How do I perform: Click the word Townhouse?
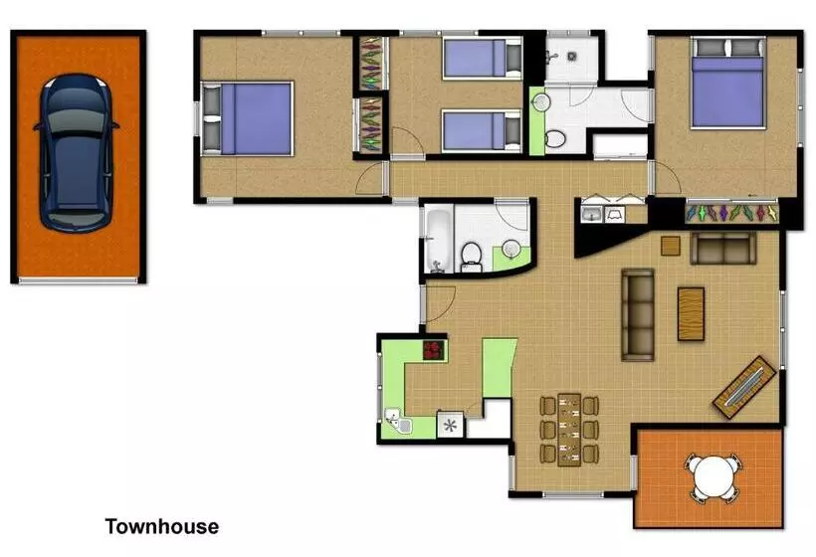tap(162, 526)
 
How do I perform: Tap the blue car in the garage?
tap(77, 152)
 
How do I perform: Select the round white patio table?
tap(714, 476)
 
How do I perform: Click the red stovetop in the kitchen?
tap(434, 350)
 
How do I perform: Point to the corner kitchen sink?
tap(398, 420)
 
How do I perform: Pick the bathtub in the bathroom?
tap(439, 238)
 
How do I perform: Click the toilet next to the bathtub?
tap(472, 257)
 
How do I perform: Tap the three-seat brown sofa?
tap(638, 314)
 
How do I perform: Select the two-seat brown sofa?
tap(723, 248)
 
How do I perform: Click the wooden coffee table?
tap(691, 314)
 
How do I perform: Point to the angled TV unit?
tap(744, 388)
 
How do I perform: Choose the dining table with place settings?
tap(569, 430)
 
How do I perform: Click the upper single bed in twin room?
tap(482, 58)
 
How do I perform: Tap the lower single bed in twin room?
tap(482, 130)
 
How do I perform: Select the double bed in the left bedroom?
tap(248, 118)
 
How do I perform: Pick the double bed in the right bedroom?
tap(728, 83)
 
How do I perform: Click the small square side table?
tap(671, 246)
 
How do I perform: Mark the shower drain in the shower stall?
tap(572, 56)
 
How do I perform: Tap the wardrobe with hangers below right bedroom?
tap(730, 213)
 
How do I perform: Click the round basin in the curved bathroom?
tap(511, 249)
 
